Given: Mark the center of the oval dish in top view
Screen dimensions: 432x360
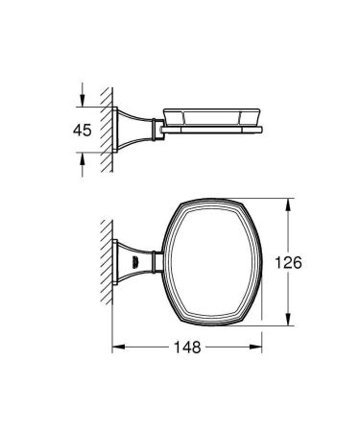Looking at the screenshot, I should click(208, 260).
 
